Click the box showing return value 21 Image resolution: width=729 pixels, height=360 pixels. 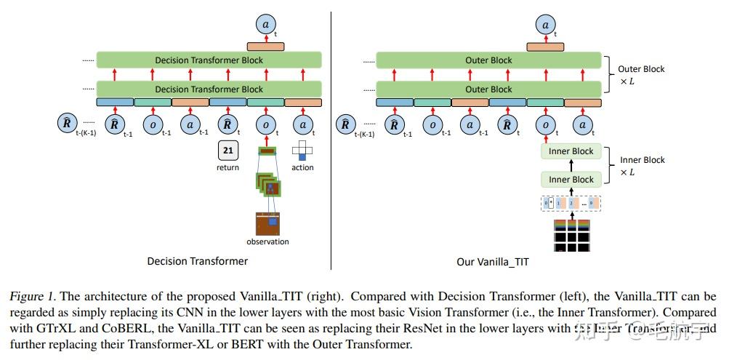click(227, 151)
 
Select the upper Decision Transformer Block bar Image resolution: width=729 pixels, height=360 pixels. click(209, 60)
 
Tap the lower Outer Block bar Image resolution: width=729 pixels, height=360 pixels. click(488, 89)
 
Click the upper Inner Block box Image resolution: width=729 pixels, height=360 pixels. click(571, 151)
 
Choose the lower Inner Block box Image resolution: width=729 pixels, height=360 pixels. click(571, 179)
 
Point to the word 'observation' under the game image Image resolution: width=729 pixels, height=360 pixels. click(267, 241)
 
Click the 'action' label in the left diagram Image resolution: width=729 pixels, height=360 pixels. click(302, 167)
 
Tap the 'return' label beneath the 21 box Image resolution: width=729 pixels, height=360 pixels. click(227, 167)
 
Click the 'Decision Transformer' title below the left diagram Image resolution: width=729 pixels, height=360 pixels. click(197, 261)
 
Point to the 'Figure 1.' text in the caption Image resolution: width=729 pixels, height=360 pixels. click(33, 297)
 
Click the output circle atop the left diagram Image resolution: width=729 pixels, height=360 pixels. click(265, 24)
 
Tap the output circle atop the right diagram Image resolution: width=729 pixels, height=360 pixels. click(545, 24)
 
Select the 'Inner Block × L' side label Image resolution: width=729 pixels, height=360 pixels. click(642, 165)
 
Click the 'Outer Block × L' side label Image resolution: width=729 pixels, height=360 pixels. click(641, 74)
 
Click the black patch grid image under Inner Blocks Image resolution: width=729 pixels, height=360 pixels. click(571, 235)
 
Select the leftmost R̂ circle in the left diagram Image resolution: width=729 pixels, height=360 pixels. click(67, 124)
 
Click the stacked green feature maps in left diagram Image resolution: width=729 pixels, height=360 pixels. click(267, 183)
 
